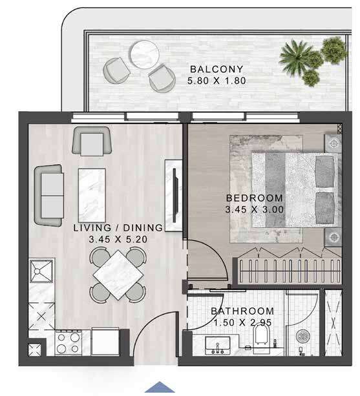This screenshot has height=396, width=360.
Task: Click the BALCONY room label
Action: click(x=217, y=69)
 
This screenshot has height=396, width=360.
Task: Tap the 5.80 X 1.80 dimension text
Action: click(x=217, y=81)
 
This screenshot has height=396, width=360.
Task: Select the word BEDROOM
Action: click(x=255, y=198)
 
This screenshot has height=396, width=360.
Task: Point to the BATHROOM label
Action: click(x=242, y=311)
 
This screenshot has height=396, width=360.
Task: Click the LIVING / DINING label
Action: click(x=118, y=228)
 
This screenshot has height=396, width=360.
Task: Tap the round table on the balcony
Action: click(x=145, y=54)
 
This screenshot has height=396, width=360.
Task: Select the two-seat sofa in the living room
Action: click(x=49, y=195)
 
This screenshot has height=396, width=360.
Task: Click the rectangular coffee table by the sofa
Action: click(x=92, y=196)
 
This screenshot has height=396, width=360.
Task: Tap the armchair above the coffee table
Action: click(x=92, y=141)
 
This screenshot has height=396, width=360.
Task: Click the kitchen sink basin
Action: click(x=41, y=271)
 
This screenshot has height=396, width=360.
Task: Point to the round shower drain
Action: click(x=302, y=336)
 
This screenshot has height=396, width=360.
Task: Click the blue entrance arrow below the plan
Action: click(x=160, y=387)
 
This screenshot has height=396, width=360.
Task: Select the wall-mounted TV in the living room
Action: click(x=175, y=195)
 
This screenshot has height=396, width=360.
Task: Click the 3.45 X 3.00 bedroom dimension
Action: click(x=255, y=209)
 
